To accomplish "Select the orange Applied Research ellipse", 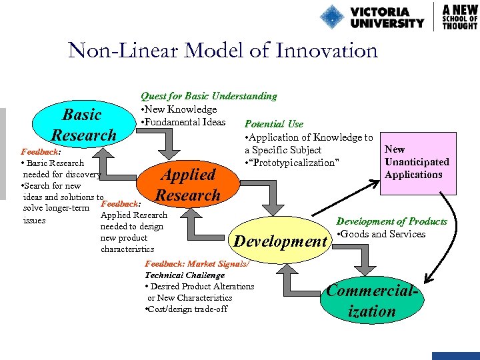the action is [187, 185].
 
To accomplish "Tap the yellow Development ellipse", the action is [280, 241].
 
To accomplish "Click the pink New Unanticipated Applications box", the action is [417, 162].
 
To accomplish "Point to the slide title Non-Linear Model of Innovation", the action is [223, 51].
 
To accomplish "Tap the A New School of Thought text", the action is [460, 17].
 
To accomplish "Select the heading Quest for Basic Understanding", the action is [209, 96].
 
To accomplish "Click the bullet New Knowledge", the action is [179, 109].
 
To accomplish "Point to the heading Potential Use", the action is [274, 124].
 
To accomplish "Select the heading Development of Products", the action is [391, 221].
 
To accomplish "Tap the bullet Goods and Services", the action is [382, 234].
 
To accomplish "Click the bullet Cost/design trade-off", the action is [186, 309].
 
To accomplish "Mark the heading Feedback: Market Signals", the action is [197, 264].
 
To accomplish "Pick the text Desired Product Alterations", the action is [200, 287].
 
